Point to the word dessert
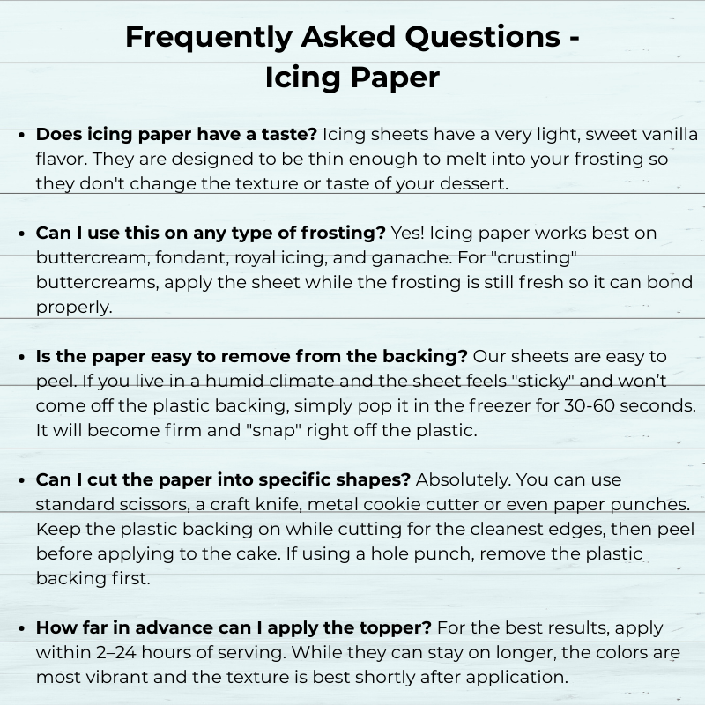481,184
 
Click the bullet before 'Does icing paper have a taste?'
22,136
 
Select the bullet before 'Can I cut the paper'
22,480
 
